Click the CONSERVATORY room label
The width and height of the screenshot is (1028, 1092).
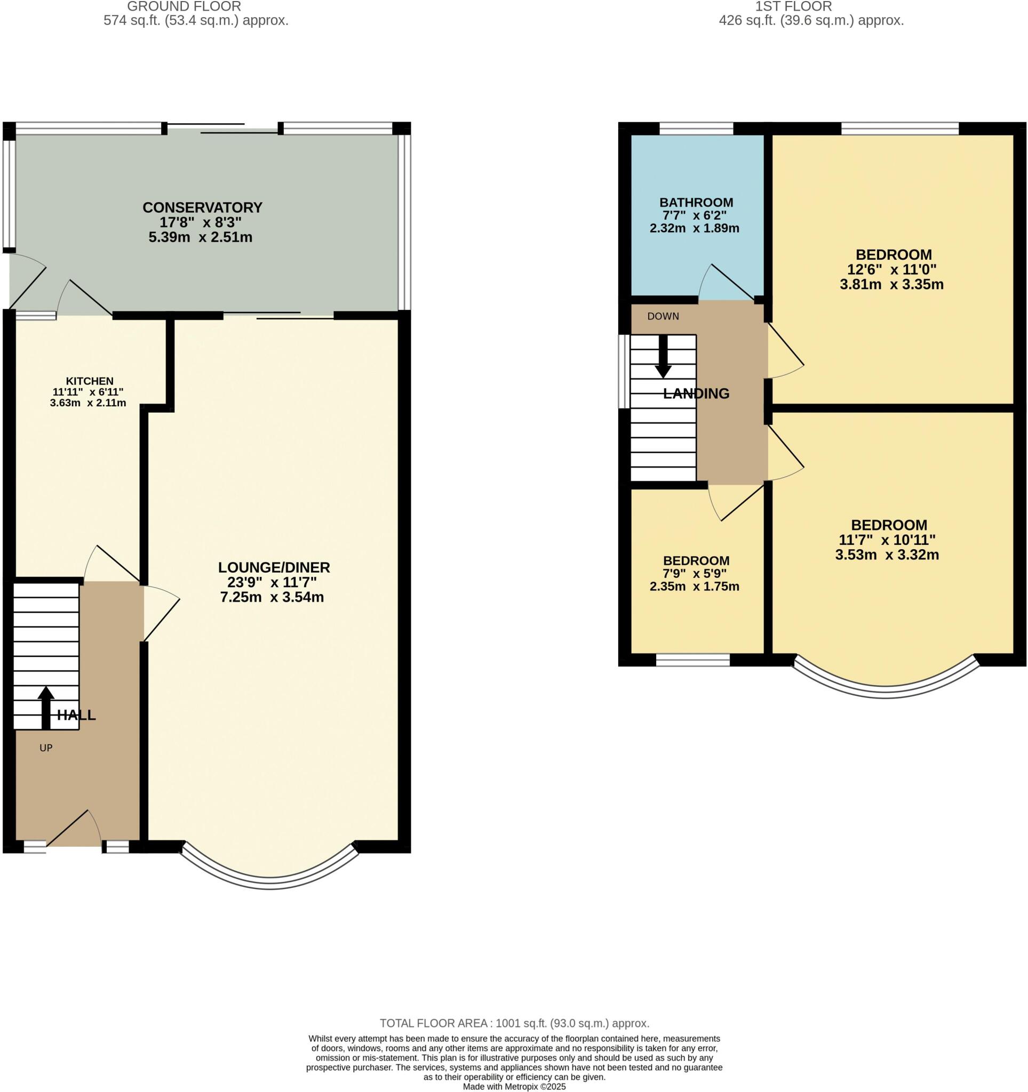tap(202, 207)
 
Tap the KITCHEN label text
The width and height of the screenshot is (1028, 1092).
tap(90, 381)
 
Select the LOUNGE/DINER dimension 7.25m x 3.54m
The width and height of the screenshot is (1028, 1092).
tap(272, 597)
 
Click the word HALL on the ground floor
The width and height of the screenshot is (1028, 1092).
tap(76, 715)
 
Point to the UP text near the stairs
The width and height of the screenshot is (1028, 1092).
tap(46, 748)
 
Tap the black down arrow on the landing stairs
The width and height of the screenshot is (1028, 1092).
tap(663, 357)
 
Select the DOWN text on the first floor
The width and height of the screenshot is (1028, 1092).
tap(663, 316)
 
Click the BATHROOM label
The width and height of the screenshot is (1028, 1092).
tap(696, 202)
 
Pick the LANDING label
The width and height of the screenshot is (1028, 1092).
tap(696, 394)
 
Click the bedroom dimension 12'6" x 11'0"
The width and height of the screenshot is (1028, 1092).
tap(892, 270)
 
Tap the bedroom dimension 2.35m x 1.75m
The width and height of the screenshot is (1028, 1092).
tap(695, 586)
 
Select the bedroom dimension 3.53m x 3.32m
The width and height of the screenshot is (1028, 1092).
tap(887, 555)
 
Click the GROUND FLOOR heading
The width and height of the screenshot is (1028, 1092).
tap(184, 6)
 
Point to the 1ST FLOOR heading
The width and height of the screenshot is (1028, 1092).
tap(793, 6)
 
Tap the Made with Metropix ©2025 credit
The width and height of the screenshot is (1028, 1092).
tap(514, 1087)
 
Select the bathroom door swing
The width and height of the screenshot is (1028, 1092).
tap(726, 283)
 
